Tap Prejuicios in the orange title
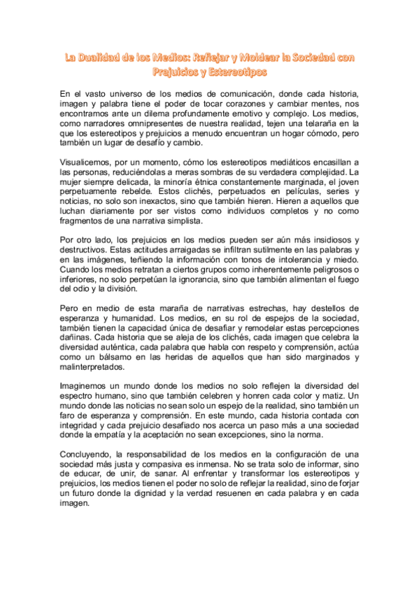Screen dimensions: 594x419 pyautogui.click(x=177, y=71)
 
